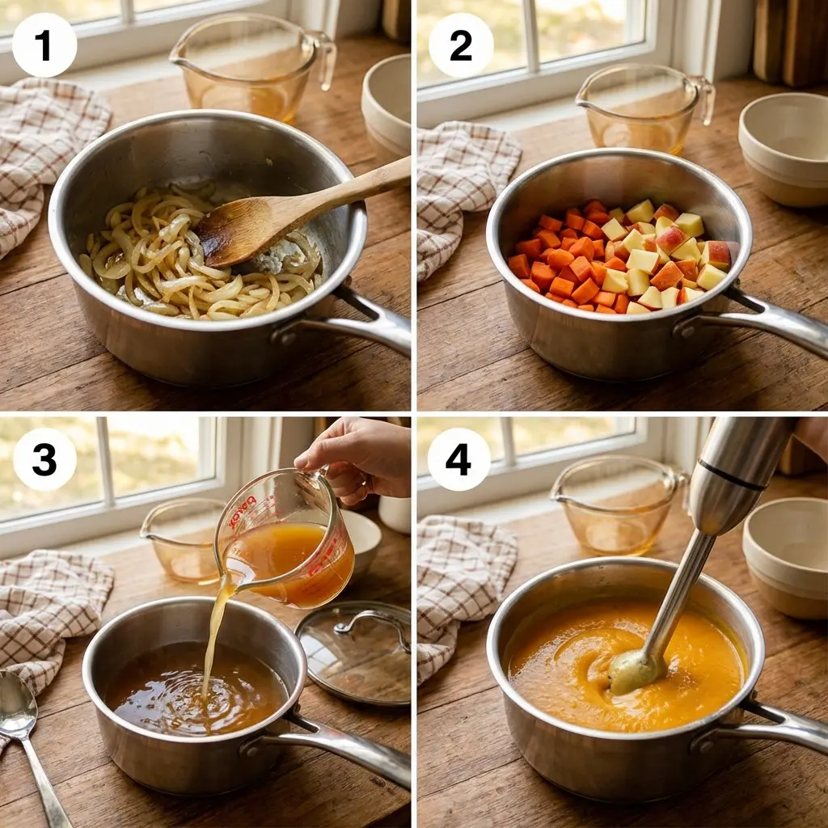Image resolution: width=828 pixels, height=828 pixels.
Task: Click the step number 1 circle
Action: pyautogui.click(x=44, y=45)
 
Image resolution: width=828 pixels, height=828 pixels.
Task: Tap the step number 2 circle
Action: pyautogui.click(x=461, y=45)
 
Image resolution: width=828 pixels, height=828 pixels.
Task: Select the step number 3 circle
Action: pyautogui.click(x=44, y=459)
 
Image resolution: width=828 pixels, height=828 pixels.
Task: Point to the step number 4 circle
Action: pyautogui.click(x=458, y=459)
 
